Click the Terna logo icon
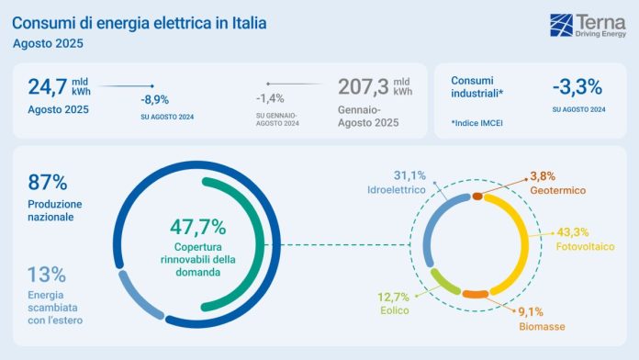point(562,25)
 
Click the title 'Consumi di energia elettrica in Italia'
point(140,20)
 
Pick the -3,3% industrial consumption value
point(577,87)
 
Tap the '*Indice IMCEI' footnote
point(481,122)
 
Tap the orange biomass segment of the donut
point(475,294)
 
